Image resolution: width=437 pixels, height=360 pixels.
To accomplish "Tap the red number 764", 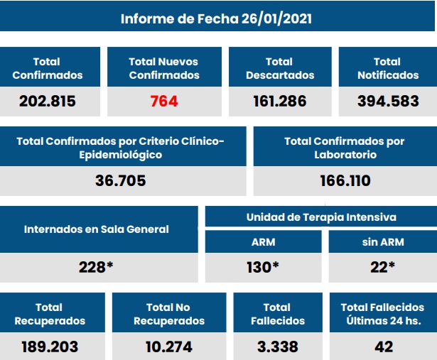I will [x=164, y=101].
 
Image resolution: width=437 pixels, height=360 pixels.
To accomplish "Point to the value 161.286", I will [x=279, y=101].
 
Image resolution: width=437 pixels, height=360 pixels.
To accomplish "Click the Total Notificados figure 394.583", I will [x=387, y=101].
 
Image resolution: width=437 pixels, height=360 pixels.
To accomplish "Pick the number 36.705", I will [x=120, y=180].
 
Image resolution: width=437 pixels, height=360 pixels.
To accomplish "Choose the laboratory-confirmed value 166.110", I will [x=345, y=180].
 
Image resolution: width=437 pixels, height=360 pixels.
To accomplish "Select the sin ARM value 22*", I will [x=382, y=267].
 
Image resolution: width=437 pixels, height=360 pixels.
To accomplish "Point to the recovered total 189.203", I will [x=48, y=347].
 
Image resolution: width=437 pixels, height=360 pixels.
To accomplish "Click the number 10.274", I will [x=168, y=347].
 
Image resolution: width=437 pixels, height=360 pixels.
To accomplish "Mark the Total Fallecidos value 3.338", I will [x=276, y=347].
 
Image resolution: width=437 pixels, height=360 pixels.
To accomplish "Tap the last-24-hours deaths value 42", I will [x=382, y=347].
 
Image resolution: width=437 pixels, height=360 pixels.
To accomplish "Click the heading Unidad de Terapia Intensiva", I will [x=320, y=217].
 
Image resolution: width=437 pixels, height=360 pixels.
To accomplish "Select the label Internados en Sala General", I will [x=97, y=229].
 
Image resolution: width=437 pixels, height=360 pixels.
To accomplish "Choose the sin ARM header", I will [x=382, y=241].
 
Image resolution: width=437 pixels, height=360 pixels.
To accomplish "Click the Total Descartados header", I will [x=279, y=68].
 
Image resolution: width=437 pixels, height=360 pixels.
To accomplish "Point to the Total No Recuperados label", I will [x=168, y=314].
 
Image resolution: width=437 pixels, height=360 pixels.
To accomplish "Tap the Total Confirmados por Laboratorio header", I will [x=345, y=148].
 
